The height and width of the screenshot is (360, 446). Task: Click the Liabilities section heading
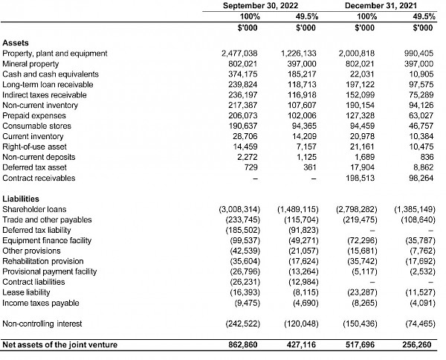(x=22, y=199)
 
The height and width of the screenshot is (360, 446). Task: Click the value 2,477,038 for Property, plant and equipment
(x=239, y=54)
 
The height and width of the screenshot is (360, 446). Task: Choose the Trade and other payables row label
(x=48, y=220)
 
